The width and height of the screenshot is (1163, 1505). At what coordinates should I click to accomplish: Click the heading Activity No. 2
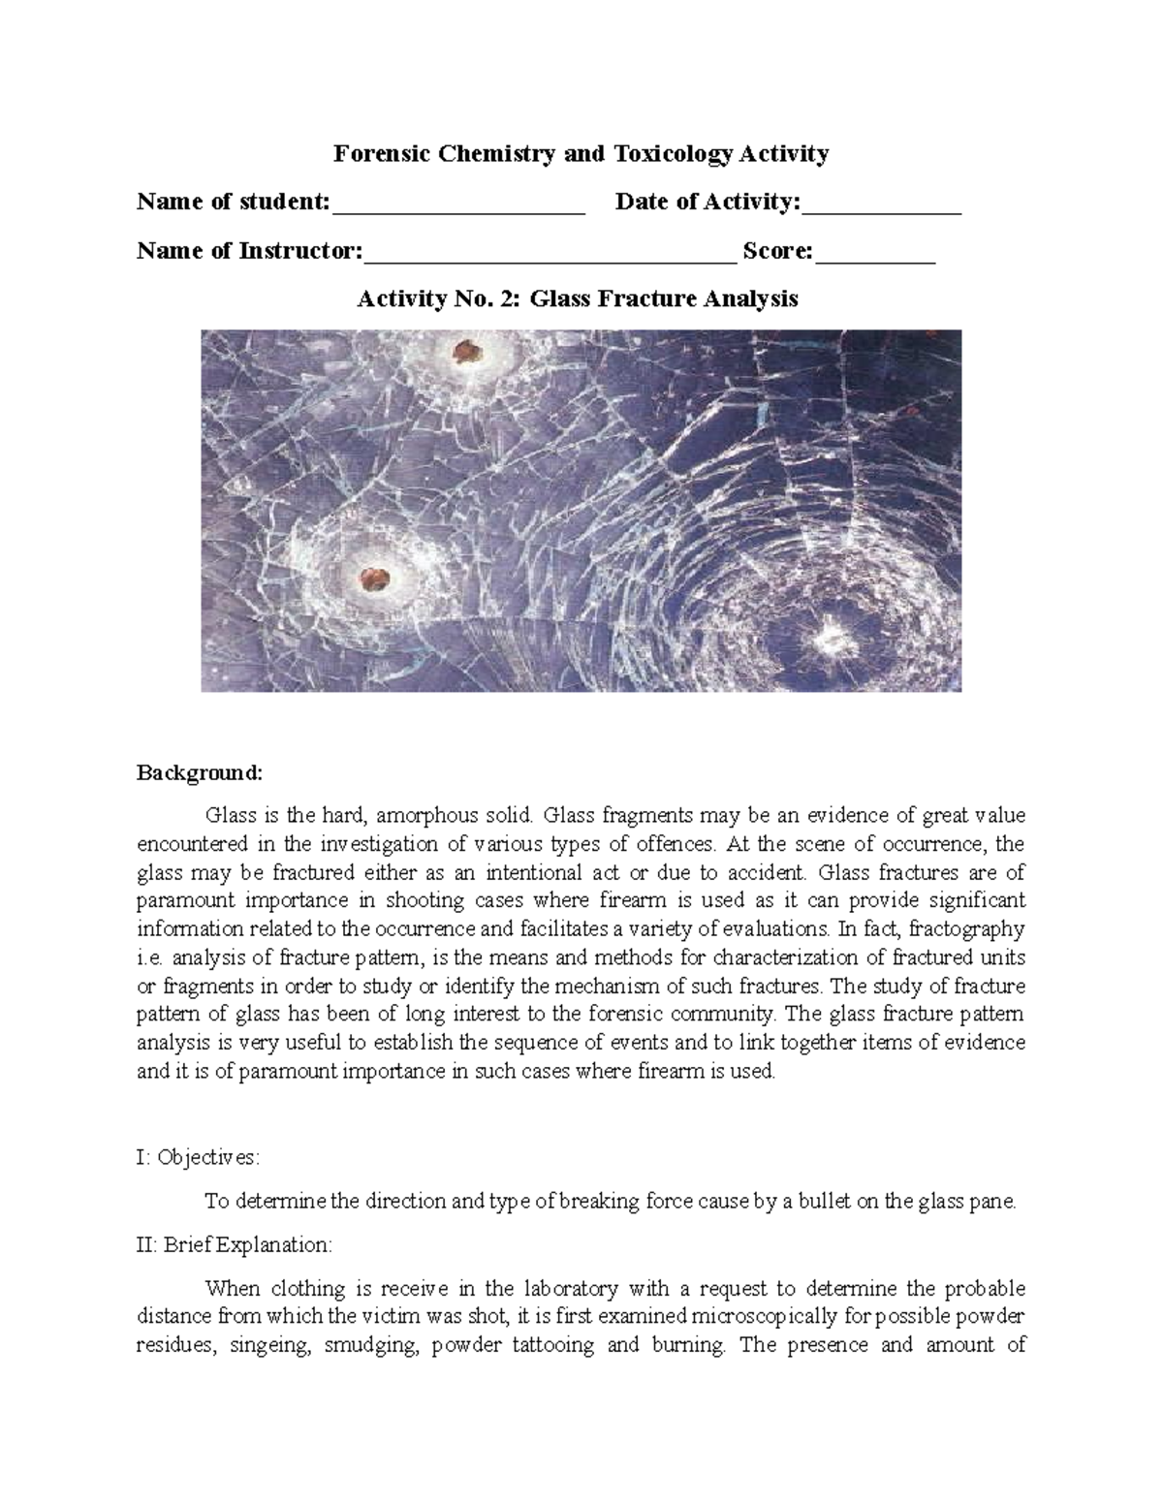pyautogui.click(x=438, y=298)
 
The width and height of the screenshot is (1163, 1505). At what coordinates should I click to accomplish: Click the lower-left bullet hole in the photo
pyautogui.click(x=373, y=580)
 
